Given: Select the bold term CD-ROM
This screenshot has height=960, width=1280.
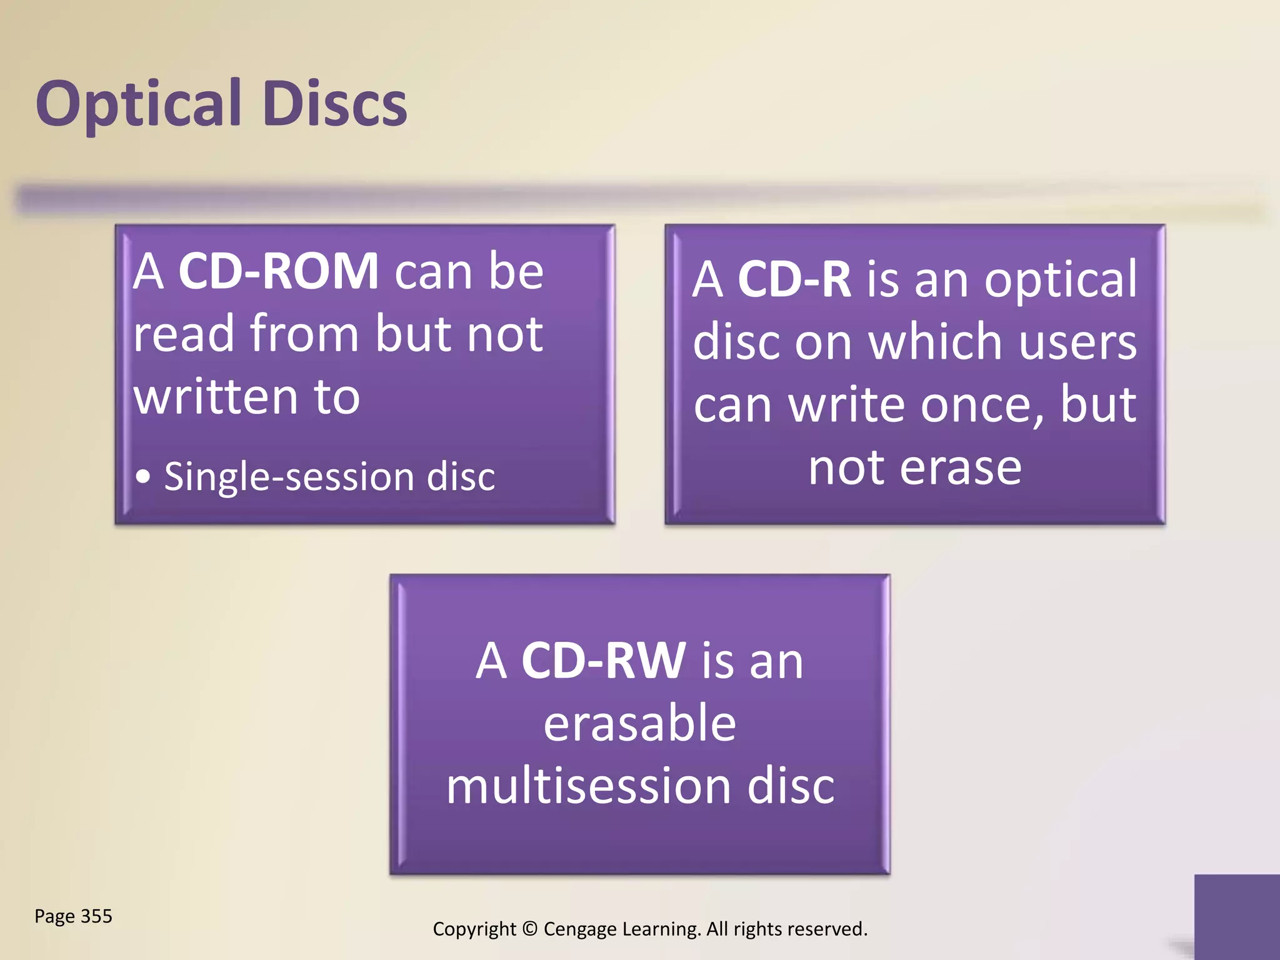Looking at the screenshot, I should point(278,272).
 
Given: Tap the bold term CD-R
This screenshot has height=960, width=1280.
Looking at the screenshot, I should point(794,279).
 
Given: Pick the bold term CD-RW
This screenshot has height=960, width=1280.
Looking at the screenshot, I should point(603,661).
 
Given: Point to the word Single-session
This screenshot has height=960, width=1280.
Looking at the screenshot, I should point(288,477).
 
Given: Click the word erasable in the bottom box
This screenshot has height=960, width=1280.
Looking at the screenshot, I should point(639,724).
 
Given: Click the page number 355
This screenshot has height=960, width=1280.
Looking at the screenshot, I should point(96,916).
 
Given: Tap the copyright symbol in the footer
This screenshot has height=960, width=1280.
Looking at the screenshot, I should point(529,929).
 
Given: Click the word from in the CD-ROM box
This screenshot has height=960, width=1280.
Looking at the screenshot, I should point(304,334).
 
